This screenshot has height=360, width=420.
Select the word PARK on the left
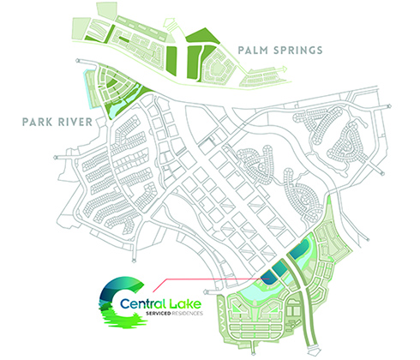(x=38, y=122)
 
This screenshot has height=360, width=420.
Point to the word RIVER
(x=75, y=122)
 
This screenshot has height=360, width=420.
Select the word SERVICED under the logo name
(x=159, y=314)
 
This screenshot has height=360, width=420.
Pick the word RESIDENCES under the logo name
(x=187, y=314)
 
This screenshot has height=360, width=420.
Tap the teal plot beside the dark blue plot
(x=279, y=267)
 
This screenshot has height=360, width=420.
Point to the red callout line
(x=207, y=279)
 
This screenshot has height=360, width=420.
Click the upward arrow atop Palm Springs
(x=169, y=24)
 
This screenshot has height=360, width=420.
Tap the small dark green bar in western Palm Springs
(x=123, y=39)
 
